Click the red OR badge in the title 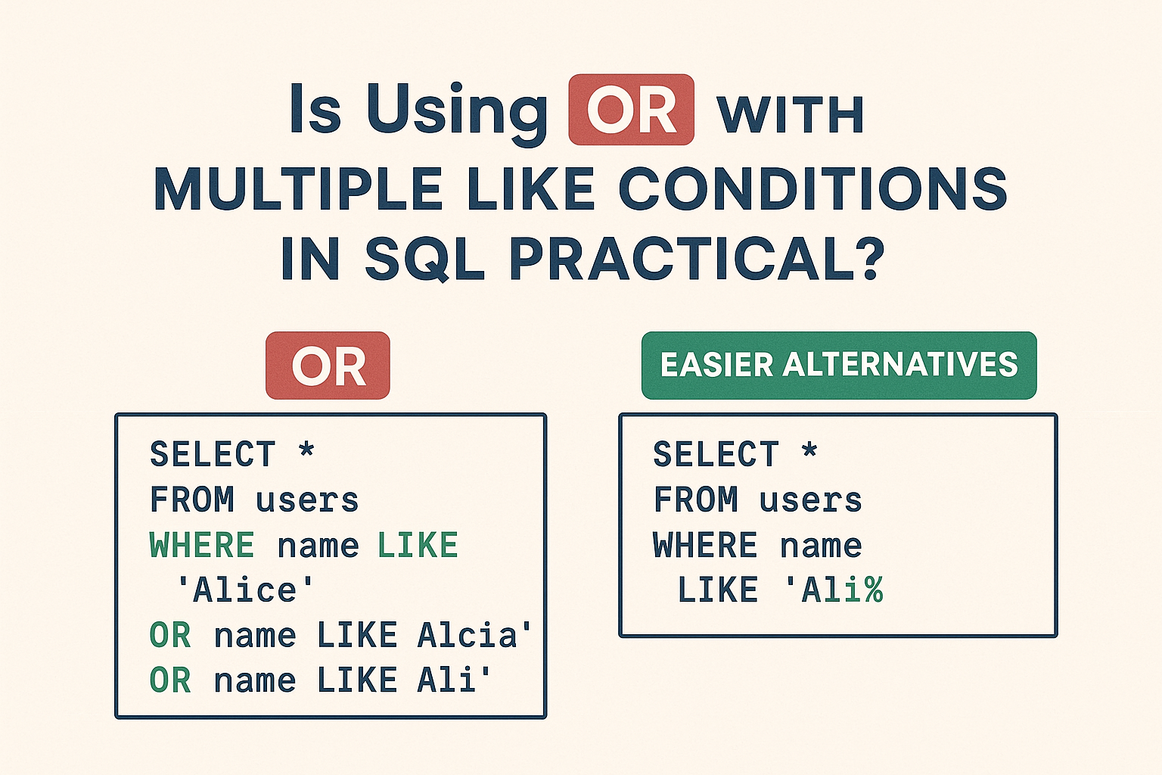[x=632, y=110]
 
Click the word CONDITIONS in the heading [x=812, y=188]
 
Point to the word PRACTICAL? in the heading [x=697, y=259]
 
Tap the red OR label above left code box [x=328, y=366]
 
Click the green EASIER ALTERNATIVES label [x=839, y=366]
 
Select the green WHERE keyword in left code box [x=202, y=545]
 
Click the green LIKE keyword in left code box [x=418, y=545]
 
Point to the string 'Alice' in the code [x=245, y=590]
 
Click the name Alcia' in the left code [x=474, y=636]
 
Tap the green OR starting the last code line [x=170, y=680]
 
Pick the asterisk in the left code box [x=306, y=449]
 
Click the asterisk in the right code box [x=809, y=449]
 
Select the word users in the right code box [x=810, y=500]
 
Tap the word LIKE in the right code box [x=718, y=590]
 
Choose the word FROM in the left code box [x=192, y=500]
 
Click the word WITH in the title [x=791, y=115]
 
